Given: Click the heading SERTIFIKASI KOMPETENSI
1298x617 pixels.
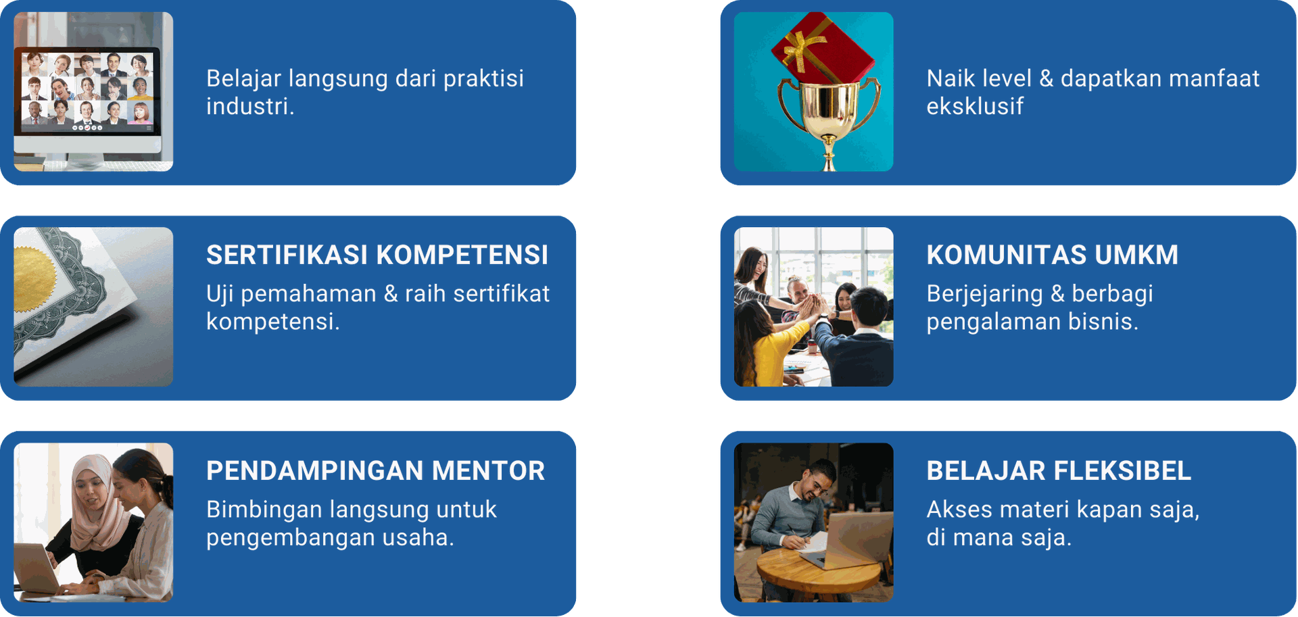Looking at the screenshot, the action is click(x=377, y=255).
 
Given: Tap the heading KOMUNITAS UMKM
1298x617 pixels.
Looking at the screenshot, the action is click(x=1052, y=255).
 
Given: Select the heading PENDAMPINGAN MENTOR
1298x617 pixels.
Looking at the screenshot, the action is click(x=375, y=470).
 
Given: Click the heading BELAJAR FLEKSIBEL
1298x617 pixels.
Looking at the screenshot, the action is click(x=1059, y=470).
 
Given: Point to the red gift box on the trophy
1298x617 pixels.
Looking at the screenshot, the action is click(x=823, y=46).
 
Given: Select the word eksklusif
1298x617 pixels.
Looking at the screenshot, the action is click(x=975, y=106).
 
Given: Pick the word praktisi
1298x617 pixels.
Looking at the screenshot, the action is click(x=483, y=78).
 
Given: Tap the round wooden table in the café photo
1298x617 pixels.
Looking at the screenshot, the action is click(x=818, y=568).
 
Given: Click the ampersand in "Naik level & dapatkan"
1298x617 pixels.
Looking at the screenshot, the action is click(x=1046, y=78).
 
